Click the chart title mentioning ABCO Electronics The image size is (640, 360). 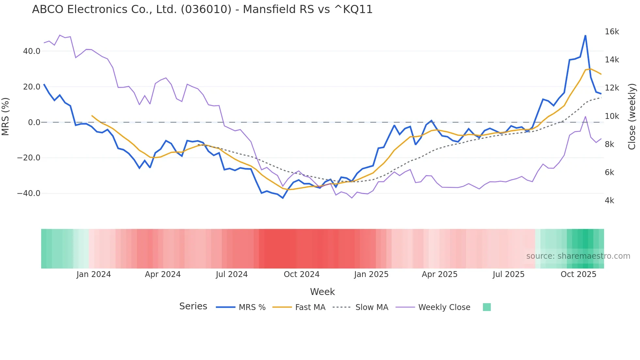202,9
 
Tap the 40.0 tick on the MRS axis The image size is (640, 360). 32,51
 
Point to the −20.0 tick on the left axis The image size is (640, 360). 29,158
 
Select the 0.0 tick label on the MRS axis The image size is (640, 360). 34,123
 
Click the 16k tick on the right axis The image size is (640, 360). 612,32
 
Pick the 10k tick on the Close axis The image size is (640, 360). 612,116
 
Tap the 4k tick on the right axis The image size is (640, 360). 609,201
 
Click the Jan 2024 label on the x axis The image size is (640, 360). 94,274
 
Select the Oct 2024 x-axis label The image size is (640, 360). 301,274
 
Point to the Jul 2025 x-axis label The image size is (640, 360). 508,274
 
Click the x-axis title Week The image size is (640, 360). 322,292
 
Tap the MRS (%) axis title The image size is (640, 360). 6,116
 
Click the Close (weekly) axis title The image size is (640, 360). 632,116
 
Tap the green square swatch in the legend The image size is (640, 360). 487,307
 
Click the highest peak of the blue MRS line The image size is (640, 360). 585,36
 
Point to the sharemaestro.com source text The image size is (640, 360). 578,256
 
